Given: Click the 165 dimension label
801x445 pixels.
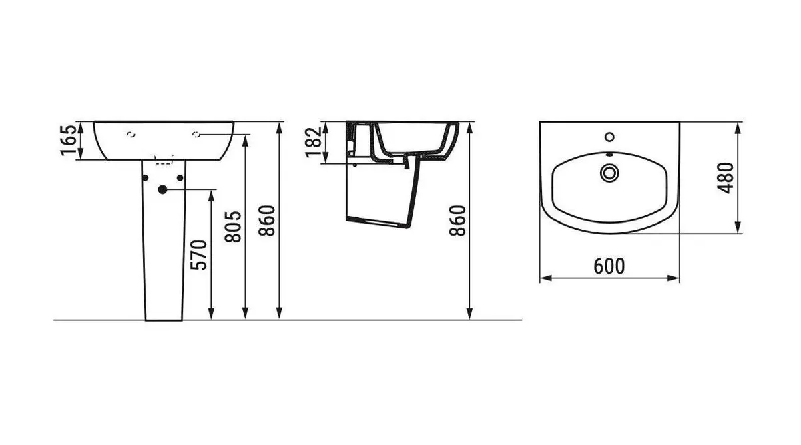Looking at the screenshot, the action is pyautogui.click(x=69, y=141).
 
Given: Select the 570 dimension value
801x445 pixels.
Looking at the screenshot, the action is pyautogui.click(x=199, y=255).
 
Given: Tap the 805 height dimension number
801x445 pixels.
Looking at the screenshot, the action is pyautogui.click(x=233, y=227).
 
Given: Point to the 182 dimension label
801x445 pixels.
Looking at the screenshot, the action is pyautogui.click(x=314, y=142).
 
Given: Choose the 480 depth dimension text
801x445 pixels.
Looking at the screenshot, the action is pyautogui.click(x=726, y=178).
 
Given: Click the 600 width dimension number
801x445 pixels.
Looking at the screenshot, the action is pyautogui.click(x=609, y=266).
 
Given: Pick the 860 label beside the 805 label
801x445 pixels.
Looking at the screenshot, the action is pyautogui.click(x=267, y=221).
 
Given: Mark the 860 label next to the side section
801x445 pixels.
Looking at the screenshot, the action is pyautogui.click(x=458, y=221).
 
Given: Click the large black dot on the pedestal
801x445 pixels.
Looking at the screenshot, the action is pyautogui.click(x=163, y=189).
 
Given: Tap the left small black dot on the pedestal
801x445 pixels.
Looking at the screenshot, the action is pyautogui.click(x=145, y=178).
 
